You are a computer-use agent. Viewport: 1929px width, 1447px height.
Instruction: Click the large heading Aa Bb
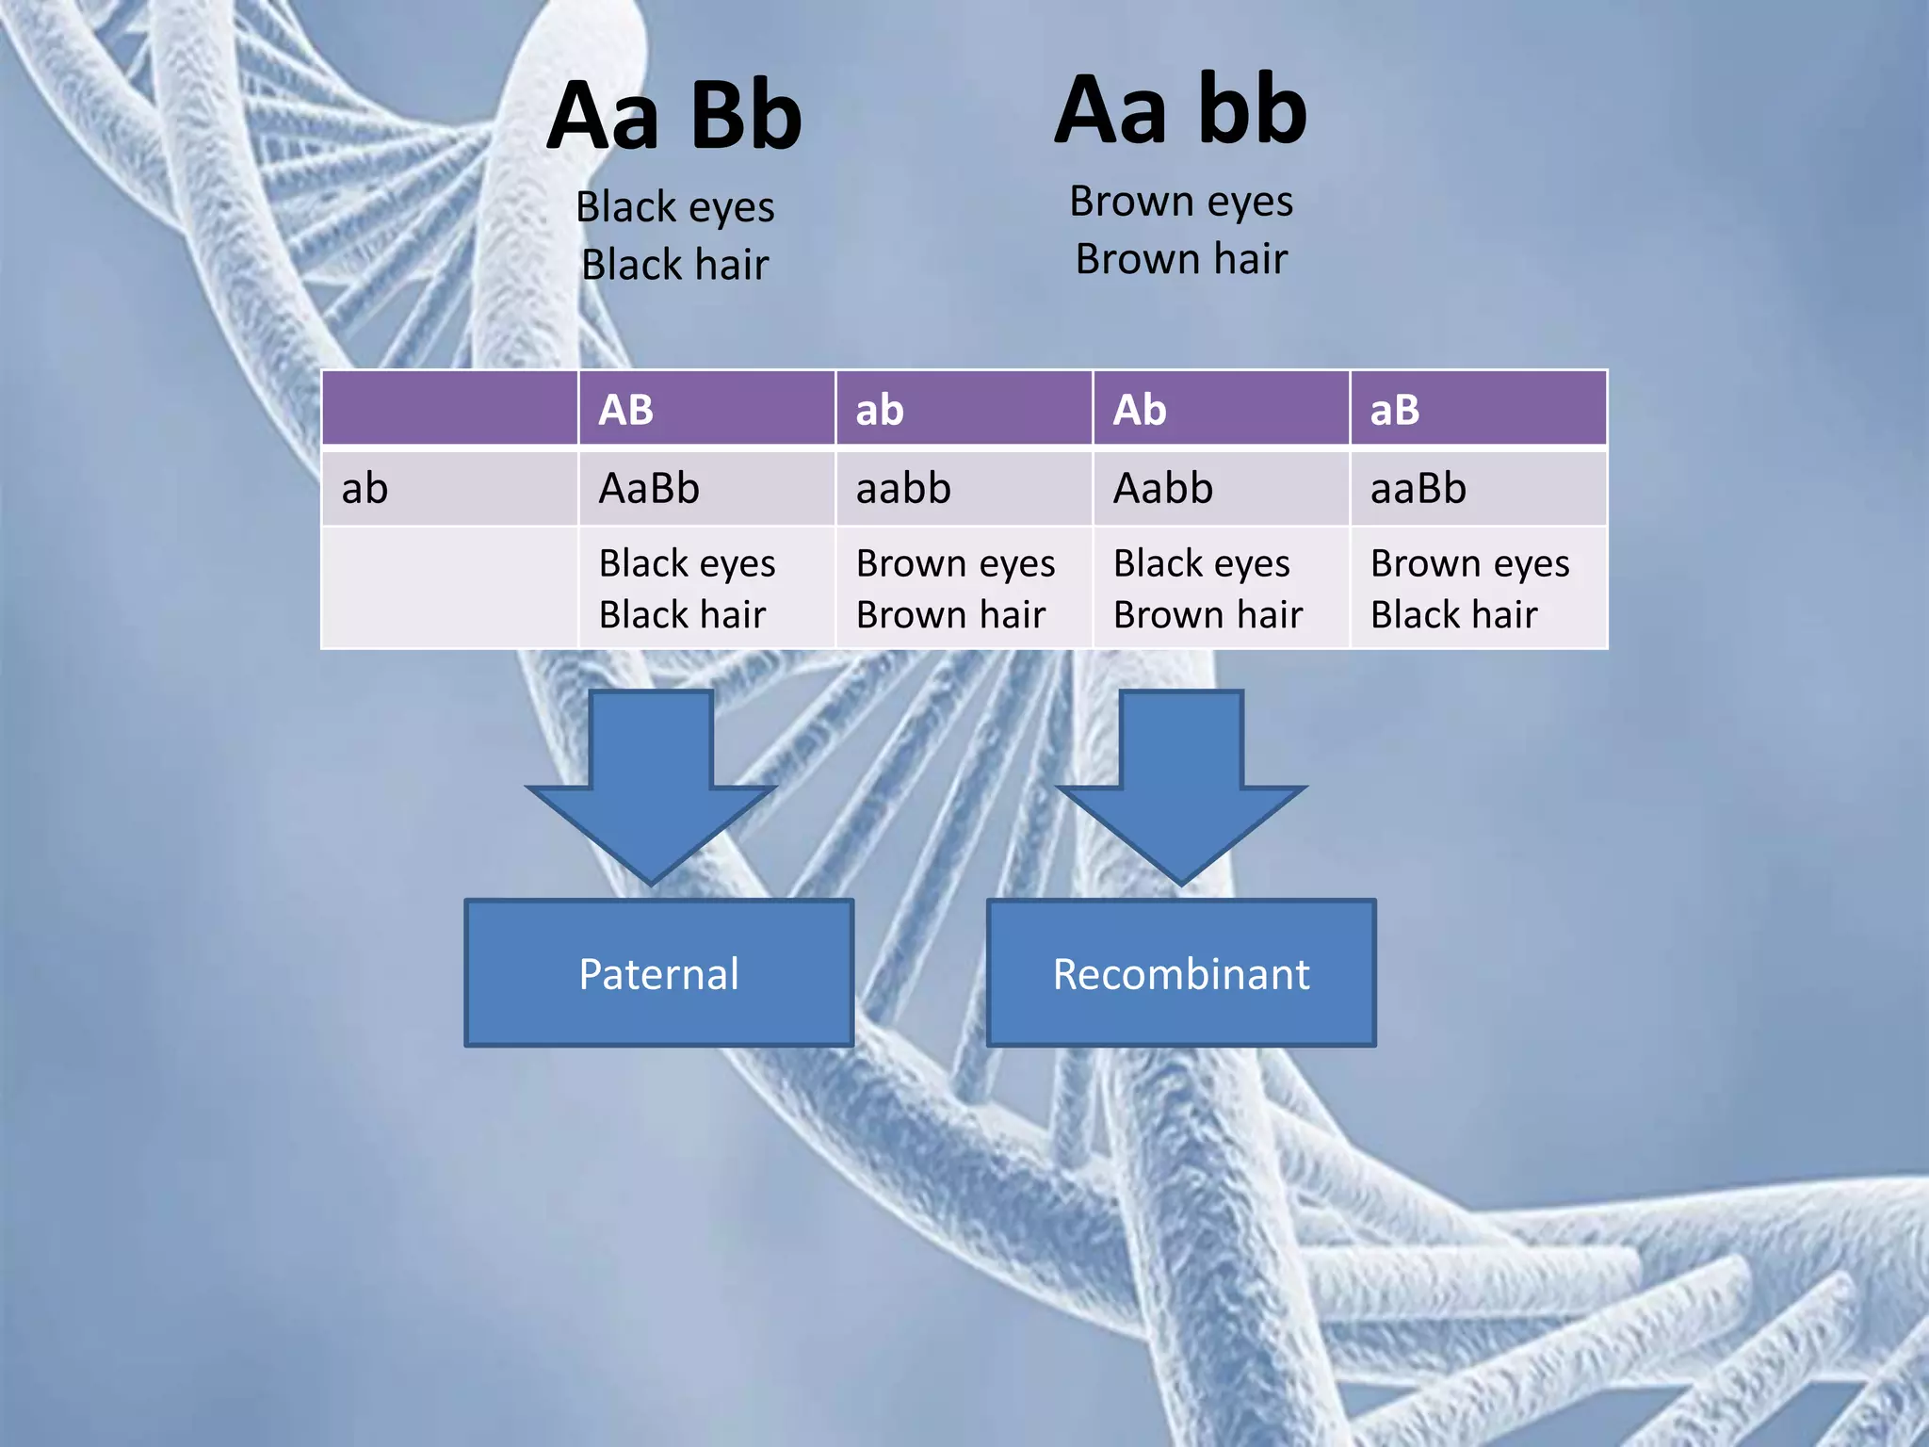point(674,117)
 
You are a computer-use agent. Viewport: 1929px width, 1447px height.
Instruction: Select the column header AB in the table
point(626,410)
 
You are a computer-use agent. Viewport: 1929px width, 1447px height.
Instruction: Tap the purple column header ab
point(880,410)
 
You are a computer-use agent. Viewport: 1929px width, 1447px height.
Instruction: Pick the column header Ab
point(1140,410)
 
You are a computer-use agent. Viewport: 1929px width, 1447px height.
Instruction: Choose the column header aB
point(1395,410)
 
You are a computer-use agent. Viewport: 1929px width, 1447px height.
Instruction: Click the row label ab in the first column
point(365,489)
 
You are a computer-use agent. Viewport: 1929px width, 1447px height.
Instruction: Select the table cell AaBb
point(650,489)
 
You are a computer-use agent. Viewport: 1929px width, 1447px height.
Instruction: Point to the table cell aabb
point(904,489)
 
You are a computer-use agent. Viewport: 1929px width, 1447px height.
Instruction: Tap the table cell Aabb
point(1164,489)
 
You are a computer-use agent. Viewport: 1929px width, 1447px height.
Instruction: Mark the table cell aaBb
point(1418,489)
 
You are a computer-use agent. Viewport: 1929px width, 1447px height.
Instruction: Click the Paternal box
point(659,973)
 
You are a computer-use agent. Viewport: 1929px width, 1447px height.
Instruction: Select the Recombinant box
point(1181,973)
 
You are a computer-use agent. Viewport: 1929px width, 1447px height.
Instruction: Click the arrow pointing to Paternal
point(651,782)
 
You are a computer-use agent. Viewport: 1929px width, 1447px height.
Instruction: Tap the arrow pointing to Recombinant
point(1181,782)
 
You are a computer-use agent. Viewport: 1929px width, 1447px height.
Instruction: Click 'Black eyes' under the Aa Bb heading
point(675,207)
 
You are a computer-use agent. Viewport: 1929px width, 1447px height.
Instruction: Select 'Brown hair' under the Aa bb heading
point(1181,259)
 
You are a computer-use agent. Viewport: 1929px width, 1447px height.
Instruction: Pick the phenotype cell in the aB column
point(1469,589)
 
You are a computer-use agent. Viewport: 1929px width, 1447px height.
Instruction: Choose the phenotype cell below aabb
point(956,589)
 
